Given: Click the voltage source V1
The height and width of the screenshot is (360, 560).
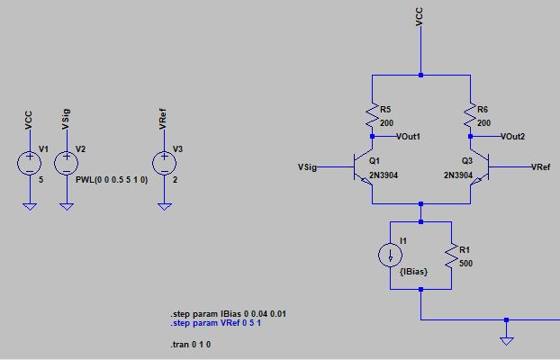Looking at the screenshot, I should pos(29,163).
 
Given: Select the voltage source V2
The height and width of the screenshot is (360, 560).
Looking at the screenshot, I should pos(66,163).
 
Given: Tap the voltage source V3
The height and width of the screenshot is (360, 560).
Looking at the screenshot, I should pos(163,163).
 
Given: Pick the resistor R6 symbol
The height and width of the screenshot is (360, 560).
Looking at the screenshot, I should pos(469,114).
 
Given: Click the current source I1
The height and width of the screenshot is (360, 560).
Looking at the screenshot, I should pos(390,255).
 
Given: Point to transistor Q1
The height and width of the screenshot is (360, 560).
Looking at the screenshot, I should pos(365,166).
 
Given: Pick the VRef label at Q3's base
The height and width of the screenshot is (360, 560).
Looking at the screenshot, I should pos(543,167).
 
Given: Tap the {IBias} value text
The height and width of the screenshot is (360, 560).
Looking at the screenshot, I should pos(411,271).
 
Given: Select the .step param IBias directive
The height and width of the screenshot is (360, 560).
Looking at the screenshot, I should pos(229,313).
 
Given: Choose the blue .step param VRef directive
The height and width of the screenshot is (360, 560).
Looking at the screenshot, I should pos(217,322).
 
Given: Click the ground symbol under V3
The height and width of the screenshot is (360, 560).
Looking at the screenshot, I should pos(163,206).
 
